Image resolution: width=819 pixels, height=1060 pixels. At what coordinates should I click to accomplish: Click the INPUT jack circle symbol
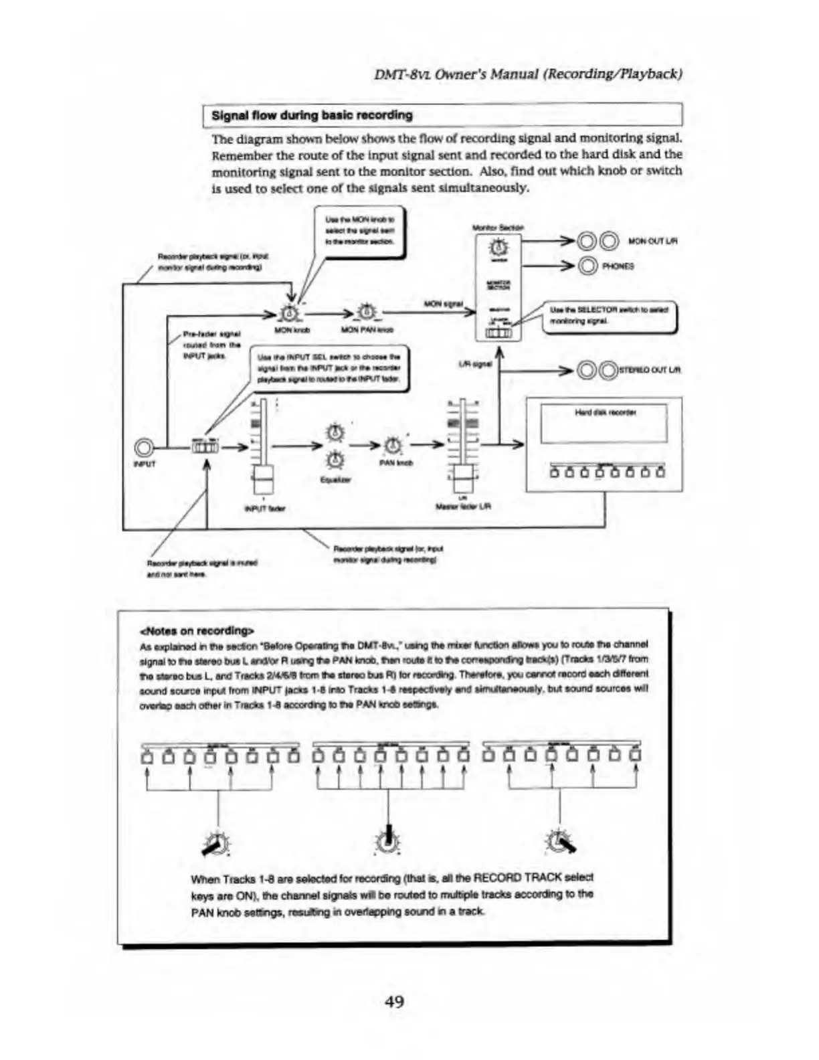pyautogui.click(x=143, y=447)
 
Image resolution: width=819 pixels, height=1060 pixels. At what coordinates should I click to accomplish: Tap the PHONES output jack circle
pyautogui.click(x=587, y=266)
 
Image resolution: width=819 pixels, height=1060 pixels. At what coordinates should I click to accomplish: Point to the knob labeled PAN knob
pyautogui.click(x=394, y=444)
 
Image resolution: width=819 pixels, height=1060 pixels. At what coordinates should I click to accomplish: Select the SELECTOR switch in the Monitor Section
pyautogui.click(x=498, y=333)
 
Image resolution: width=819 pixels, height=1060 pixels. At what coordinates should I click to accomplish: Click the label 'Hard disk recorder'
pyautogui.click(x=605, y=413)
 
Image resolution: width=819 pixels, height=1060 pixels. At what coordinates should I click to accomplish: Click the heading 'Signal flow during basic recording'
pyautogui.click(x=312, y=115)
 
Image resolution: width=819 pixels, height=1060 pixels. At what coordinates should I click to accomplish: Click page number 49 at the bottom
pyautogui.click(x=394, y=1001)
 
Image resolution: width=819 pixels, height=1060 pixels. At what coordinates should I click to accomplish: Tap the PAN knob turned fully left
pyautogui.click(x=216, y=843)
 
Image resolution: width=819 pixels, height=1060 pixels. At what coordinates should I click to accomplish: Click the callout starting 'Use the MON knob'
pyautogui.click(x=360, y=230)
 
